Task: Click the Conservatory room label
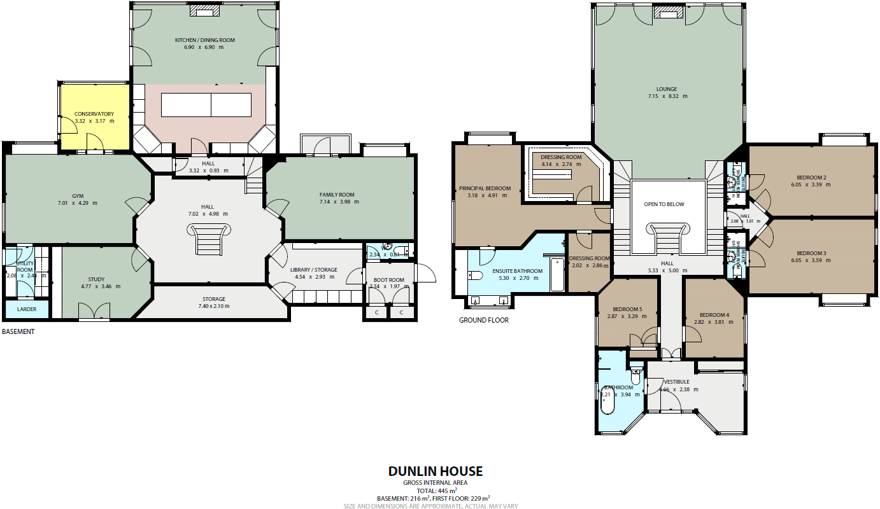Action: point(94,114)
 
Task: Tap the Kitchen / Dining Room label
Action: point(205,40)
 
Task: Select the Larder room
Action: point(27,309)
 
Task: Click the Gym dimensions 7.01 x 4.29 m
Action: point(78,203)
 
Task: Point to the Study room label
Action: point(96,279)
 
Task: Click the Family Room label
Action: point(337,195)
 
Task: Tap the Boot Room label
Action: point(388,280)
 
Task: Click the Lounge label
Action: point(667,89)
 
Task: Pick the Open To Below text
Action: point(664,204)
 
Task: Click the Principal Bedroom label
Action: point(485,188)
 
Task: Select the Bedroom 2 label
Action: point(811,178)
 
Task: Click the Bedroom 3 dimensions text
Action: point(811,260)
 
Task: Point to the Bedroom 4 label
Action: point(714,315)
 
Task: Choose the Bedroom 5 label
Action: point(623,309)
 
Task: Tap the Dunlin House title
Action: point(436,471)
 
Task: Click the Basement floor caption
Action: point(18,331)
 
